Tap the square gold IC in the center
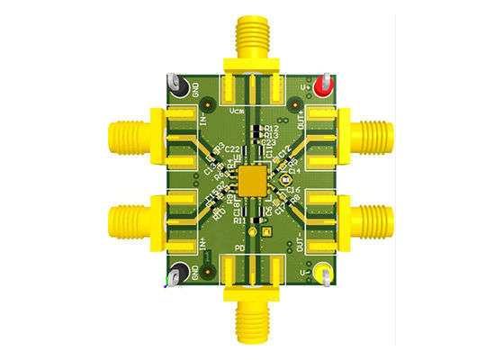tap(253, 179)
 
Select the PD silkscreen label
tap(239, 247)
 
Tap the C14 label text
tap(292, 171)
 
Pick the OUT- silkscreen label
tap(299, 239)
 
